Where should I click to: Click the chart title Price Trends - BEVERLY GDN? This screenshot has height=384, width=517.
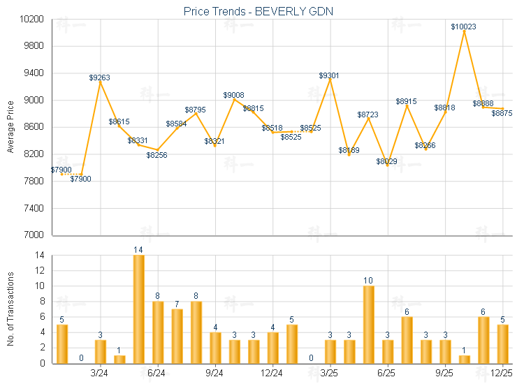point(258,11)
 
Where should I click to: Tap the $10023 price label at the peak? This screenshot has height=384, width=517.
point(464,27)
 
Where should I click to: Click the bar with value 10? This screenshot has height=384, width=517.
point(368,325)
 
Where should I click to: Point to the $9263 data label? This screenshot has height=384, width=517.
point(100,77)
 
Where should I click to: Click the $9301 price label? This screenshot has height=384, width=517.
point(330,75)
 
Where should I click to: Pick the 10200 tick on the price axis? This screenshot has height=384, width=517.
point(33,19)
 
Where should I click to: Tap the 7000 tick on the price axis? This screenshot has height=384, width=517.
point(35,235)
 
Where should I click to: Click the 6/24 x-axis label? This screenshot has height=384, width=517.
point(157,374)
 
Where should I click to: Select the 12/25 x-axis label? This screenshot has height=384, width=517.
point(502,374)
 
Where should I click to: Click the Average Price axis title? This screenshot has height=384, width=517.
point(10,127)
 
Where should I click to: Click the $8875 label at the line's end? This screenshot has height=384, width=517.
point(502,113)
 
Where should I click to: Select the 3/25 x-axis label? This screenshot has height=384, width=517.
point(330,374)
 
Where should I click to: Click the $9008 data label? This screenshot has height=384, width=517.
point(234,95)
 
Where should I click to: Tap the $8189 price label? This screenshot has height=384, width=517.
point(349,150)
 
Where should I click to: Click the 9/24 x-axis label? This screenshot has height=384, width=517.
point(214,374)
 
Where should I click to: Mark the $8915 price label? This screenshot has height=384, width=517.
point(406,101)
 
